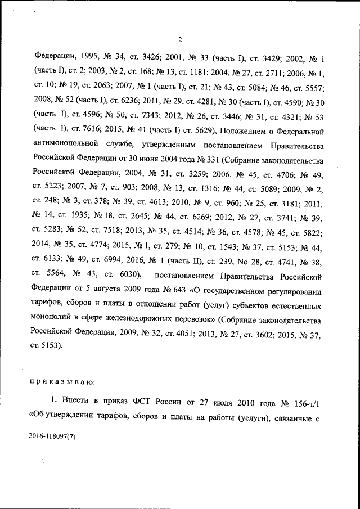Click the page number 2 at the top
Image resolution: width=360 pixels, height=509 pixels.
[180, 39]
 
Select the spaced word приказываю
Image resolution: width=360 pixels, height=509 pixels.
[62, 381]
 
